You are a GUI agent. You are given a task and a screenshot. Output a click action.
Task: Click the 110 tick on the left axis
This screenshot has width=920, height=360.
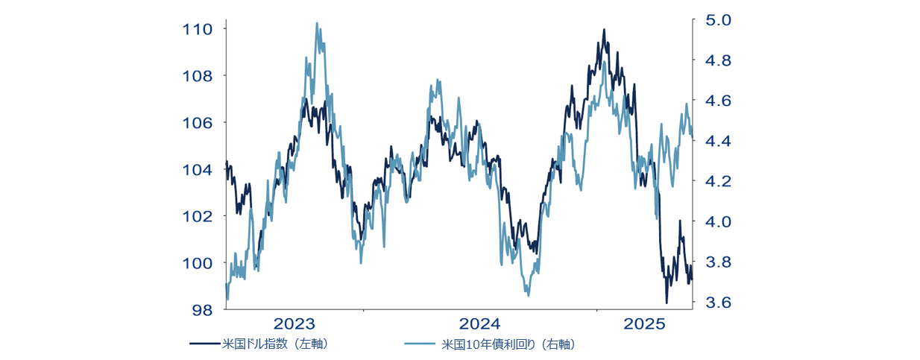pos(197,29)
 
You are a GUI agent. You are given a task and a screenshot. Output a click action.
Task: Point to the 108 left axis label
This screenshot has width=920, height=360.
pos(197,76)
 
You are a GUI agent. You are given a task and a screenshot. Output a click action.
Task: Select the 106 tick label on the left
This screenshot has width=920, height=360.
pos(197,122)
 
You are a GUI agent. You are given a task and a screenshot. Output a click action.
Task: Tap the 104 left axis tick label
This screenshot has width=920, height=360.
pos(197,169)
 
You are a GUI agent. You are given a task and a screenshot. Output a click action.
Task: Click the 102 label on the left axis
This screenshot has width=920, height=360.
pos(197,216)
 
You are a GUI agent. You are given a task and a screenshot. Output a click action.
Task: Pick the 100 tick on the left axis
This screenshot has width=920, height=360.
pos(197,262)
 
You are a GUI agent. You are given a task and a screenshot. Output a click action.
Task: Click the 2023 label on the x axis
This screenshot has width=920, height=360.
pos(294,324)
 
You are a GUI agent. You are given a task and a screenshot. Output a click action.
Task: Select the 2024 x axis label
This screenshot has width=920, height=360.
pos(480,324)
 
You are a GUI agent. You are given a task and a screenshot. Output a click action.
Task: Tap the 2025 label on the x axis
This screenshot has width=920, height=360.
pos(644,324)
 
